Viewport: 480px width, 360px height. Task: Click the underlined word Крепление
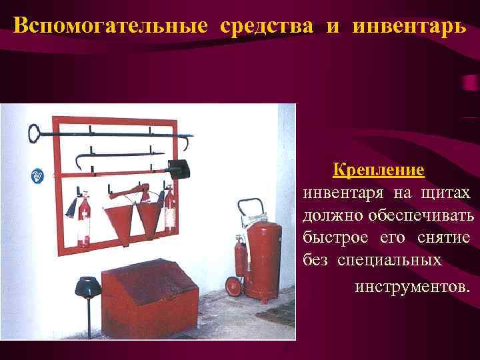379,169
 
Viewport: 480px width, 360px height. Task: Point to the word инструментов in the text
411,287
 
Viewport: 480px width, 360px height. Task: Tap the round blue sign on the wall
38,176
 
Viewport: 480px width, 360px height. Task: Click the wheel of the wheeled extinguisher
233,287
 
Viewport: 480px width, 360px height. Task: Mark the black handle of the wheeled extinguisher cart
251,203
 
